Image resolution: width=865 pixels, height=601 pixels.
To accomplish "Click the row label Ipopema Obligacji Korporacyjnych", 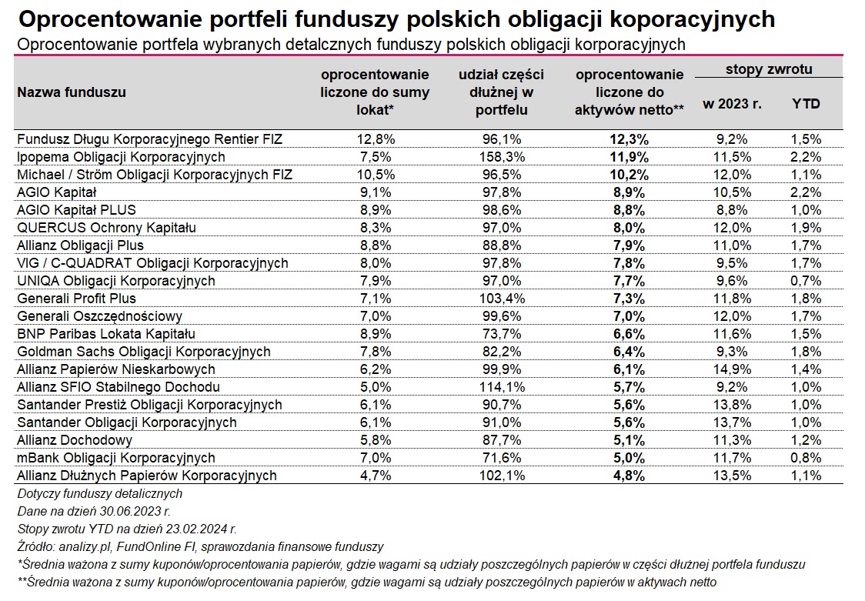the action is (x=121, y=157).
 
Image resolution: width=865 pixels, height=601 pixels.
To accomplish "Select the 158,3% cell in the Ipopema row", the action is (x=502, y=157).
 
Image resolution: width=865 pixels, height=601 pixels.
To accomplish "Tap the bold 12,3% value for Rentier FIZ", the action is (x=629, y=139).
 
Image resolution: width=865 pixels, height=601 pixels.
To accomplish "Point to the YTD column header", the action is (x=806, y=104).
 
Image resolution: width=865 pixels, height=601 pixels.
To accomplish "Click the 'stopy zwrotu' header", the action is (x=769, y=69).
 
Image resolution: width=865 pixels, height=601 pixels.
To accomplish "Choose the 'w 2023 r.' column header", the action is (x=732, y=104).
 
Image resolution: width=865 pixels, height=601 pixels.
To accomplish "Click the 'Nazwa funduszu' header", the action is (x=72, y=92).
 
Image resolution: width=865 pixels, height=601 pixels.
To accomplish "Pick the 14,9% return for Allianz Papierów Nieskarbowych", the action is (x=732, y=369).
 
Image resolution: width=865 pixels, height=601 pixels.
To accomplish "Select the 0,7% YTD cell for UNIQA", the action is (x=806, y=281).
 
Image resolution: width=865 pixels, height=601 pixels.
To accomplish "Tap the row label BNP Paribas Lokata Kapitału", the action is (x=106, y=334).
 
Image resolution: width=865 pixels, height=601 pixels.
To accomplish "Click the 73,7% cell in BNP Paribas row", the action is (x=502, y=334).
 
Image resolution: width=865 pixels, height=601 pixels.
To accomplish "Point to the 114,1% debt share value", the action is (x=502, y=387).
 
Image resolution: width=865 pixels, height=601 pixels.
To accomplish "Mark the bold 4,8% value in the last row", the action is (x=629, y=476).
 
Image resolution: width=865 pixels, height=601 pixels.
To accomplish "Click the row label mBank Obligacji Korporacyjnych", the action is (x=116, y=458).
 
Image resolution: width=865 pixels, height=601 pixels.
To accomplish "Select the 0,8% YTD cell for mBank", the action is (x=806, y=458).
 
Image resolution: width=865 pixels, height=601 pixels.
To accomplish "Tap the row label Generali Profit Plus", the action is (x=76, y=299).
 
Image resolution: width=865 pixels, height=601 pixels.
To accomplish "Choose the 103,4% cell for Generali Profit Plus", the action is (x=502, y=299).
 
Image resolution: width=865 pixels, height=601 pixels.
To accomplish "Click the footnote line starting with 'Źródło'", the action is (x=200, y=547).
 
